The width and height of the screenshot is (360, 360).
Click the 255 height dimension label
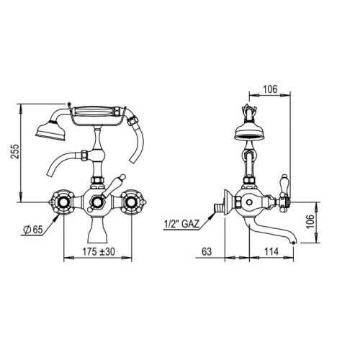click(15, 151)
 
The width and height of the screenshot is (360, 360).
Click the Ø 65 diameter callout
click(33, 230)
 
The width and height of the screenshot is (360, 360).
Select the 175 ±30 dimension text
click(99, 251)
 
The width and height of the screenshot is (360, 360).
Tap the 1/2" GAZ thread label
click(181, 224)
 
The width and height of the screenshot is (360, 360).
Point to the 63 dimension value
click(207, 251)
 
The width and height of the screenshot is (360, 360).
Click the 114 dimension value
click(271, 251)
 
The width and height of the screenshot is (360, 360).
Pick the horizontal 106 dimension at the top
click(270, 89)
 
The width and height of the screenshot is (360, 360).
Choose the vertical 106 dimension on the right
click(310, 221)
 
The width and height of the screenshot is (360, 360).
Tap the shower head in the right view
click(250, 132)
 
